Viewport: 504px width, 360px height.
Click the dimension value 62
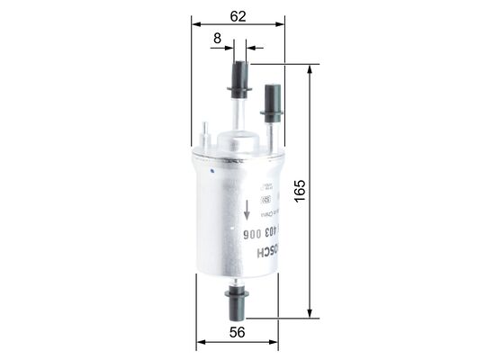(238, 14)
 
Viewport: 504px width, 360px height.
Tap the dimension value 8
(216, 37)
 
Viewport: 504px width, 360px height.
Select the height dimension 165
(300, 189)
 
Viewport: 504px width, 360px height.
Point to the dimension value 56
(238, 332)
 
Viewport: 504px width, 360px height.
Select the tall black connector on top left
(239, 79)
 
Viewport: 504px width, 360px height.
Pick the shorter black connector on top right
(272, 102)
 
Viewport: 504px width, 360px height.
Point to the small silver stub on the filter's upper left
(205, 136)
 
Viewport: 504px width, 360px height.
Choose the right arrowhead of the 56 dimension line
(274, 343)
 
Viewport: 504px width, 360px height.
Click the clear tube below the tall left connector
(238, 113)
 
